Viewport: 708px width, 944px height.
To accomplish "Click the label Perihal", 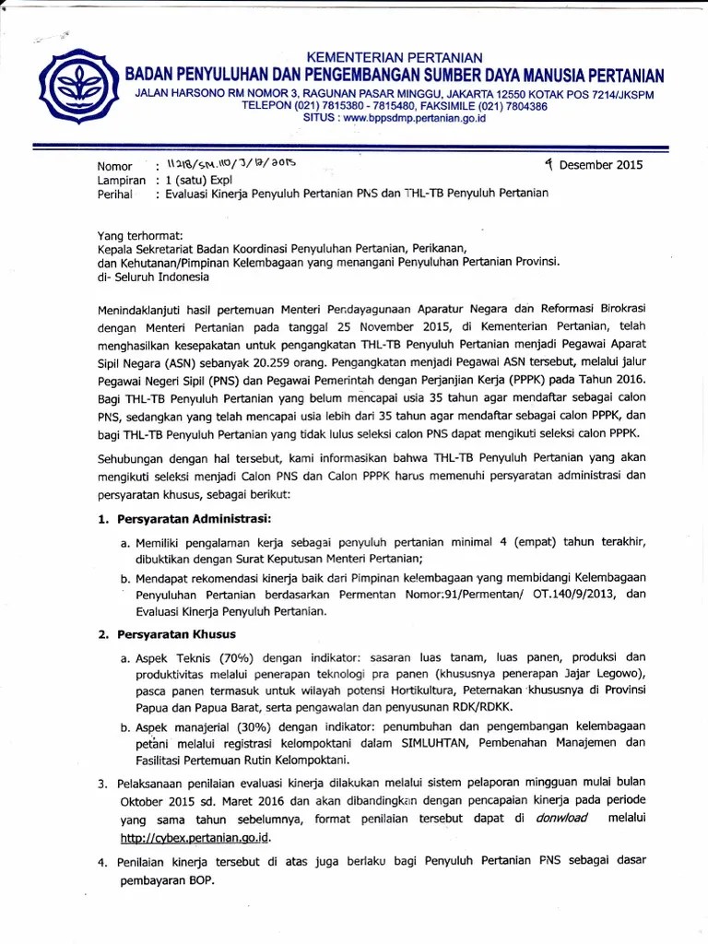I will coord(117,194).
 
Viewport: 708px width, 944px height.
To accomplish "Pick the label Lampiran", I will coord(122,180).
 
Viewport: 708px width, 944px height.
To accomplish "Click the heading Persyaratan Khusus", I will coord(175,634).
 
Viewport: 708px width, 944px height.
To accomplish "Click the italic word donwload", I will coord(561,819).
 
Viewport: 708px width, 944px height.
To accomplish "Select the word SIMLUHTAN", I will coord(432,742).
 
